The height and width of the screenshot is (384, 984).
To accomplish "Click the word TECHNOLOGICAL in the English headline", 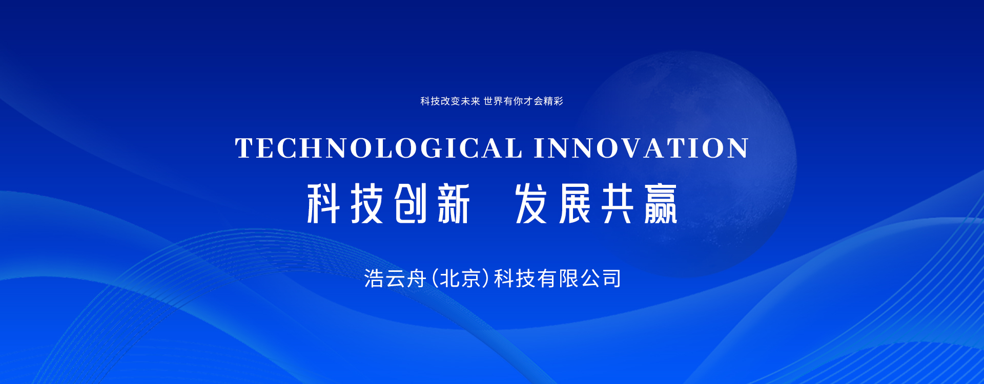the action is (x=379, y=148).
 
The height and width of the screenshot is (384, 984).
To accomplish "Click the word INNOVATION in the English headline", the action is (x=641, y=148).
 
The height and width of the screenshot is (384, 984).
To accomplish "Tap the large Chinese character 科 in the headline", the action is (x=323, y=203).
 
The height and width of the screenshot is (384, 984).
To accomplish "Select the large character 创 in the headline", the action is (x=411, y=203).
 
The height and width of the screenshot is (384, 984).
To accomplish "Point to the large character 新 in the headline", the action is (x=454, y=203).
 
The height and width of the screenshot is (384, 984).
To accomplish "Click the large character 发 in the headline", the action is (x=531, y=203).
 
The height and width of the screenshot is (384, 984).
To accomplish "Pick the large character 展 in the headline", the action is (x=575, y=203).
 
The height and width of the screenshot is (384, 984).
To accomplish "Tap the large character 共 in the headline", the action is (x=618, y=203).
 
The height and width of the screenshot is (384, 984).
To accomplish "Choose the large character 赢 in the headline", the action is (x=661, y=203).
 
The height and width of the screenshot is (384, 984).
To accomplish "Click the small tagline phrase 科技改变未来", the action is (x=450, y=101).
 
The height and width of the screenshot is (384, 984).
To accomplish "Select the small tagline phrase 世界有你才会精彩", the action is (x=523, y=101).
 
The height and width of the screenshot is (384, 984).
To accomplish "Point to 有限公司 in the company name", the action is (x=580, y=279).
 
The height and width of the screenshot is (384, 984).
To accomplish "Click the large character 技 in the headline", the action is (x=367, y=203).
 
